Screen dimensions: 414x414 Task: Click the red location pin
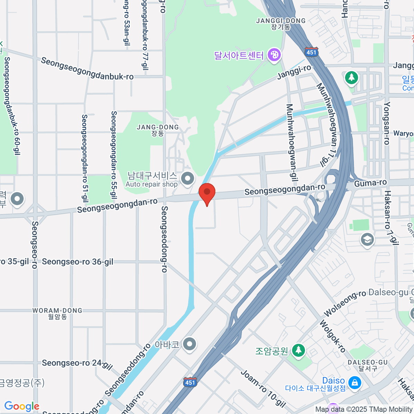207,193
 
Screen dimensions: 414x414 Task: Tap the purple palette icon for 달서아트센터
274,55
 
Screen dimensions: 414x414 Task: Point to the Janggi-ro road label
294,72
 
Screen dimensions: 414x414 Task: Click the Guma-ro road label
370,183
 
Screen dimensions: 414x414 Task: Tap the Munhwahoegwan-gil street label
292,142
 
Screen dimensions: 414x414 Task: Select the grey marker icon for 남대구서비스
188,179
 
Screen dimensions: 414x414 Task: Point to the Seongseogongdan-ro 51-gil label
85,158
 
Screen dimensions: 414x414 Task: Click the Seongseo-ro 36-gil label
78,262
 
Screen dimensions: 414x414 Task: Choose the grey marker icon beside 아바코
189,344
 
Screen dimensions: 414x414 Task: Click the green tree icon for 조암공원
298,351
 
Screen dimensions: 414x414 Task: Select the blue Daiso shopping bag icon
354,382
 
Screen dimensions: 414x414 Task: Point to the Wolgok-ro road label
332,336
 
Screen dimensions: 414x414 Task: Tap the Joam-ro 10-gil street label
263,389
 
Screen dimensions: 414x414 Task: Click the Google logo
22,406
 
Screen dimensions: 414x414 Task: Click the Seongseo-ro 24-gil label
77,363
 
